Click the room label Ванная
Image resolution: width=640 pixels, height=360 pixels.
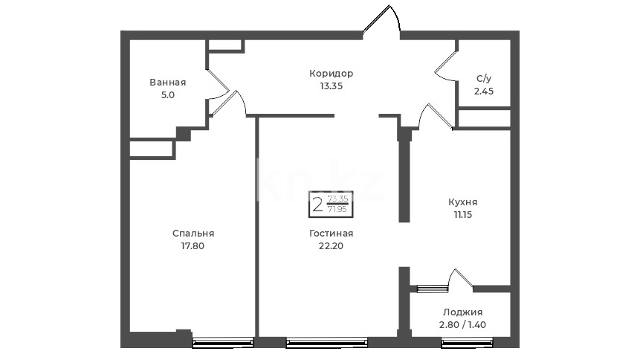click(x=168, y=83)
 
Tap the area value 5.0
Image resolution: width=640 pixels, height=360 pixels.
click(x=168, y=95)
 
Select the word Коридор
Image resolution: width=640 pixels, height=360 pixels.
click(x=331, y=74)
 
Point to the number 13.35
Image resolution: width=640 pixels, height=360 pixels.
click(x=331, y=86)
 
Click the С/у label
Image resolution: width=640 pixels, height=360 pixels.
click(x=484, y=78)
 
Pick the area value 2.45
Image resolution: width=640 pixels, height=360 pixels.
click(x=484, y=91)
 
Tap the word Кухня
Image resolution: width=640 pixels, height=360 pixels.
click(x=462, y=202)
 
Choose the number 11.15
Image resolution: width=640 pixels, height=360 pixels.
click(x=462, y=215)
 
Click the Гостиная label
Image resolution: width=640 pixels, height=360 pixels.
click(x=331, y=234)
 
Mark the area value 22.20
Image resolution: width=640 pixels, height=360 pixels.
click(x=331, y=246)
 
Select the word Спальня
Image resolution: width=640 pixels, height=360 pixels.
click(x=193, y=234)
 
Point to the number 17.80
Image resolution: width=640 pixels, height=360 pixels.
click(x=193, y=246)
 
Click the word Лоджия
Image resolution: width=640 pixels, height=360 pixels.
click(x=462, y=312)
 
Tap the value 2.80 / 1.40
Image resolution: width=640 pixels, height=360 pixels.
click(x=462, y=325)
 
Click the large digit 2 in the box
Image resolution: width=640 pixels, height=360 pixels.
click(x=317, y=205)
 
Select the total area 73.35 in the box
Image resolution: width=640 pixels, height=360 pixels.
click(x=338, y=199)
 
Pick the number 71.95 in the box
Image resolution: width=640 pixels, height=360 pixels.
click(x=338, y=209)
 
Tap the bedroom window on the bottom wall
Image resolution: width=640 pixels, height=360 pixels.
click(x=223, y=343)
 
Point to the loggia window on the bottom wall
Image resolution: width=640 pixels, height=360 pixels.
click(x=467, y=343)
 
